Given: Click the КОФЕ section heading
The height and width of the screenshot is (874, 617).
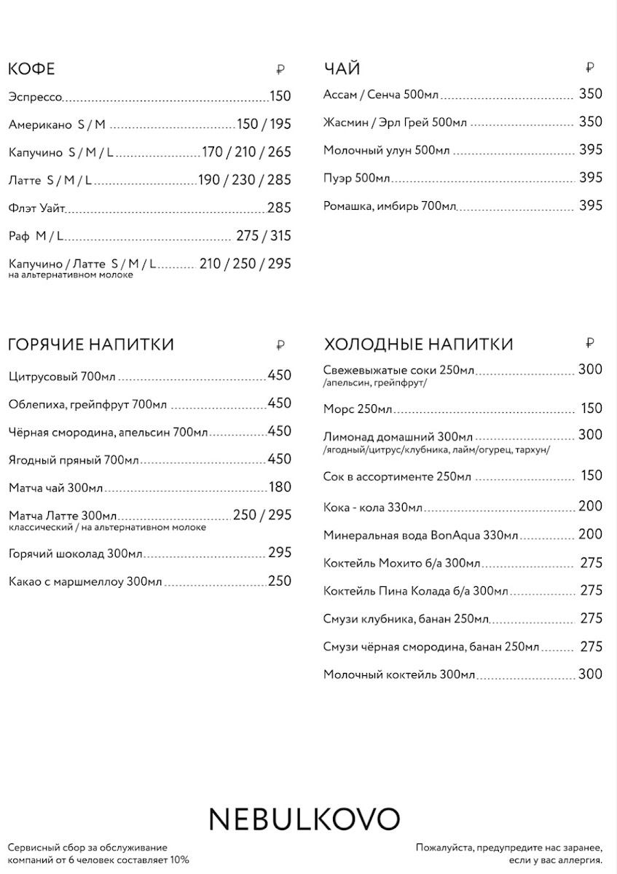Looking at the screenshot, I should tap(31, 70).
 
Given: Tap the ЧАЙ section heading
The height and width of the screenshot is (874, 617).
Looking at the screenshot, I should tap(342, 70).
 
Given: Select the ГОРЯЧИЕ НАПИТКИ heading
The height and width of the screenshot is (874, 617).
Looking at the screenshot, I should tap(91, 345).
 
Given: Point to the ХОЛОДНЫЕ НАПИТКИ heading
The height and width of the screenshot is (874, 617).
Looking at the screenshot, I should tap(418, 345).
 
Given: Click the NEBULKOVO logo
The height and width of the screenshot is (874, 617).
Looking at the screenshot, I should tap(304, 819).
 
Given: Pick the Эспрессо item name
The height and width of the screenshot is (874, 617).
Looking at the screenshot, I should tap(35, 97).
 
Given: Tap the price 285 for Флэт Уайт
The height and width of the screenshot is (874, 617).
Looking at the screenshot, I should tap(279, 208).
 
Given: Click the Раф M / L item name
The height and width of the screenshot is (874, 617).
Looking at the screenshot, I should tap(36, 236).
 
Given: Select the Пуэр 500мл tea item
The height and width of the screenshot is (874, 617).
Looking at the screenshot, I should tap(357, 178).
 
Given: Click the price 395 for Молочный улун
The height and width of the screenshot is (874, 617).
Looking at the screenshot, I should tap(591, 150).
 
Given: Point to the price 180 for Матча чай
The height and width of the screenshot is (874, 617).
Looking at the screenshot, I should tap(280, 487).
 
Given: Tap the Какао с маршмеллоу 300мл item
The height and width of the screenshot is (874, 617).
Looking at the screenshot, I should tap(85, 581).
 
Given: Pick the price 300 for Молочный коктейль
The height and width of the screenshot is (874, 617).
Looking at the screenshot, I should tap(591, 674).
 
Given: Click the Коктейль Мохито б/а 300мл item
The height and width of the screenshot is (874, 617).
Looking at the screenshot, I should tap(401, 563).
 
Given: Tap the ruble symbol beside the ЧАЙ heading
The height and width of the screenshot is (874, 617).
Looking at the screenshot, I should tap(590, 68).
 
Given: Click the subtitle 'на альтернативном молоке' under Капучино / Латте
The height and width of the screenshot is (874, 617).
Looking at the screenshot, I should tap(71, 275).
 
